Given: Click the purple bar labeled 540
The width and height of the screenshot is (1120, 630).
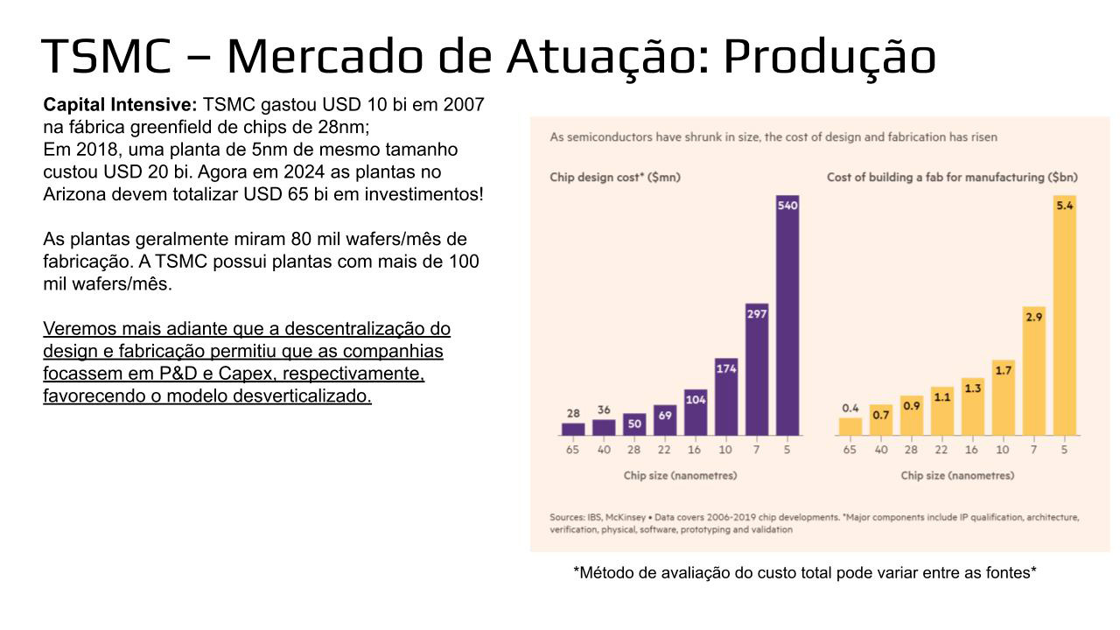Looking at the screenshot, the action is click(787, 315).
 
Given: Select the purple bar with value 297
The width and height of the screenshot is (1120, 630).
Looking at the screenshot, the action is click(757, 369).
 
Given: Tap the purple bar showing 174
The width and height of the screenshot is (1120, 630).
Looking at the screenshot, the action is click(726, 397).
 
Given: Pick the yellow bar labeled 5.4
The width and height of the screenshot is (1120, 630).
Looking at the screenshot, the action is click(1065, 315).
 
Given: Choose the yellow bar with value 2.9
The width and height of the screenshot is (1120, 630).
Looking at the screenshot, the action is click(1034, 371).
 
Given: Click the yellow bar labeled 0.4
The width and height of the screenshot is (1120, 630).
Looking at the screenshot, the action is click(850, 426).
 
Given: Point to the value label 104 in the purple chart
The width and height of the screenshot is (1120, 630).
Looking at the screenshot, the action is click(696, 400).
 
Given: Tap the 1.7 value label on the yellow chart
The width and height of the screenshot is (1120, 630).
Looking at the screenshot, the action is click(1003, 370).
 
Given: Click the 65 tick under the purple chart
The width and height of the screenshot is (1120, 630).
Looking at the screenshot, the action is click(572, 450).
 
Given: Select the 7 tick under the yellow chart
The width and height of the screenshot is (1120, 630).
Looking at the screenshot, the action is click(1033, 450).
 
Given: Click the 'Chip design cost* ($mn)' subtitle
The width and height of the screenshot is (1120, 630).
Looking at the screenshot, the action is click(615, 178).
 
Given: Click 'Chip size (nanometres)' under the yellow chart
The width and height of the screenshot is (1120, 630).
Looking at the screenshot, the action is click(957, 475).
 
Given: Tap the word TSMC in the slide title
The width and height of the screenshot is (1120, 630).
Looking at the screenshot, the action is click(106, 56).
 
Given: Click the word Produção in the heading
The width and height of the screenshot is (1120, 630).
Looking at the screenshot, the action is click(829, 57).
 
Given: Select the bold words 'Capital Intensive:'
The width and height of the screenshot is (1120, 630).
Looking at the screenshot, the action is click(121, 105).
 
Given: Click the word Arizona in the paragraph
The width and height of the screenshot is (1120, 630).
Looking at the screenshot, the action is click(74, 194).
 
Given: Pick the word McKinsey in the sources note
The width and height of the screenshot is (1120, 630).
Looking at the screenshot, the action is click(625, 517).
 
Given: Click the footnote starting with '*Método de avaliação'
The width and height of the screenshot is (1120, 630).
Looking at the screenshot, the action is click(805, 572).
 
